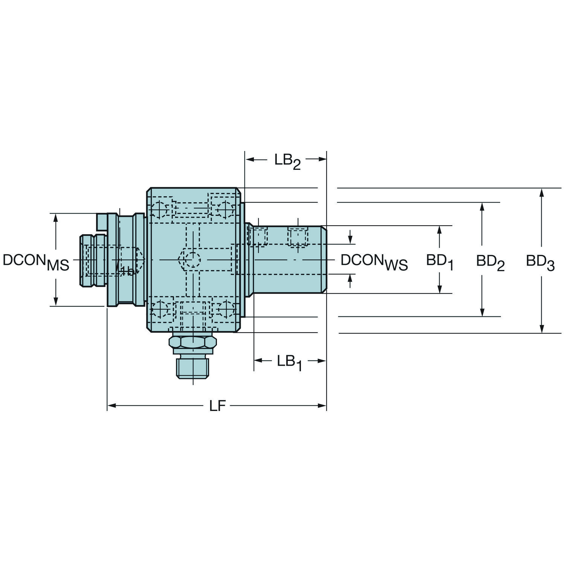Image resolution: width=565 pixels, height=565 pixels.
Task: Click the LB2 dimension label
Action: pos(287,162)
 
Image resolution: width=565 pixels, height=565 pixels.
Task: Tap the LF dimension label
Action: pos(217,406)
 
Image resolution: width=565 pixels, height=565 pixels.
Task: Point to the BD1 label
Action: pos(440,262)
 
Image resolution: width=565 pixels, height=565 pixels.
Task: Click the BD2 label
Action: pos(490,262)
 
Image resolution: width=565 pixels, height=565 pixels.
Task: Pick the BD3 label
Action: pos(540,262)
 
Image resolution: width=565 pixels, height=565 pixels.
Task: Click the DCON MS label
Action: pos(36,262)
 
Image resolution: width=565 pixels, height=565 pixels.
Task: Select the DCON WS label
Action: pos(374,262)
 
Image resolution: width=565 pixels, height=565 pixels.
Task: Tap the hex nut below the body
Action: pos(193,342)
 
